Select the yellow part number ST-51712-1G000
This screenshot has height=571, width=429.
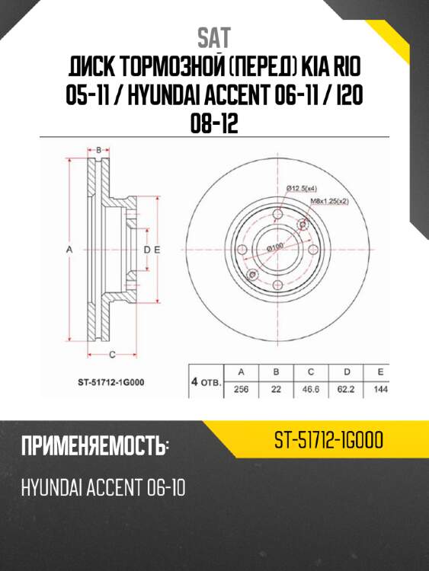coord(328,442)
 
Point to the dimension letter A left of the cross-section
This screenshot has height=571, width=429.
coord(69,250)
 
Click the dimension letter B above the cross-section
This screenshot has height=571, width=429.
coord(98,151)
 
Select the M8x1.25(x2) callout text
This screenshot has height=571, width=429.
coord(329,201)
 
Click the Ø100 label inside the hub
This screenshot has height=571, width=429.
coord(274,247)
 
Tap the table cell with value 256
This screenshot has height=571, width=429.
coord(242,388)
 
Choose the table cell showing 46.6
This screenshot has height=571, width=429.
coord(312,388)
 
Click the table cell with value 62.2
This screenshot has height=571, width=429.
coord(347,388)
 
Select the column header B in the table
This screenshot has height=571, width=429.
coord(277,372)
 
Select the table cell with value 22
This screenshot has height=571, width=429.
coord(277,388)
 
